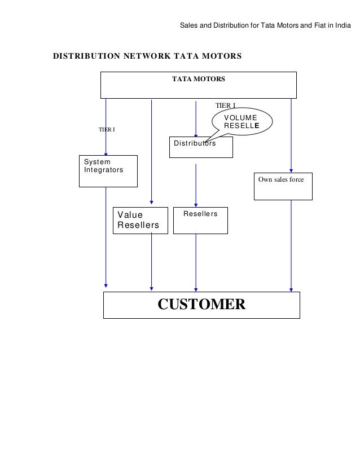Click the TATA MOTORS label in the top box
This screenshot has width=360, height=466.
click(x=198, y=79)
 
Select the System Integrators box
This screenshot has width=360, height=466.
click(x=107, y=170)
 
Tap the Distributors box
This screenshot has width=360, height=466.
click(x=200, y=147)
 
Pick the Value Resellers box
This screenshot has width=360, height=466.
click(x=141, y=220)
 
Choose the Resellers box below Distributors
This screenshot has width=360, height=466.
click(x=200, y=220)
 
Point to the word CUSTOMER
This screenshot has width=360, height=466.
click(x=201, y=305)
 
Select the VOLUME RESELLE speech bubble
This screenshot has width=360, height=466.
click(x=242, y=122)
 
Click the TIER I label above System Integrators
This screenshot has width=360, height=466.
click(x=107, y=130)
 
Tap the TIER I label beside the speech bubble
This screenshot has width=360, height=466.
click(x=225, y=105)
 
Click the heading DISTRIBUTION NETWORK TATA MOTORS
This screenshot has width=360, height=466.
click(x=147, y=56)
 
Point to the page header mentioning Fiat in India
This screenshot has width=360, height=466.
click(x=265, y=26)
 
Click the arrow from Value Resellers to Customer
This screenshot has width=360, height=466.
click(x=151, y=262)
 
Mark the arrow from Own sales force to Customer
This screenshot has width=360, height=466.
click(x=291, y=245)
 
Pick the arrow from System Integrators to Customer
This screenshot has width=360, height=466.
click(x=106, y=237)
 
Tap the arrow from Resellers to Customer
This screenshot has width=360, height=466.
click(x=196, y=262)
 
